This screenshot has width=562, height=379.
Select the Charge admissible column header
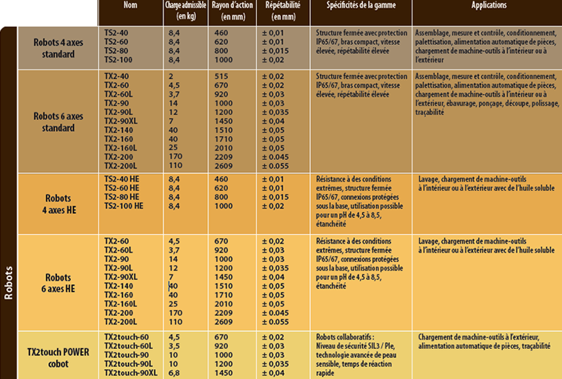point(185,9)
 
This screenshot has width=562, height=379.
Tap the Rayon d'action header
point(231,9)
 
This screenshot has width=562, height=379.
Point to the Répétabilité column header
point(282,9)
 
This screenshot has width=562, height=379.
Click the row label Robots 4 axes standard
point(54,48)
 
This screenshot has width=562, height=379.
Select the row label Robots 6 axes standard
point(54,121)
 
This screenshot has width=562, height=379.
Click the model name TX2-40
point(116,76)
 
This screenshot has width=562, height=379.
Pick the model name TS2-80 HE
point(122,197)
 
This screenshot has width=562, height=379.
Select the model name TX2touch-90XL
point(130,372)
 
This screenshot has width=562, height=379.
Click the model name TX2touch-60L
point(128,346)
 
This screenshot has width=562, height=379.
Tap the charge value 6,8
point(174,372)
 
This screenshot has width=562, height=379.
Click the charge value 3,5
point(174,346)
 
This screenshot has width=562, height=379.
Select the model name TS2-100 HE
point(123,206)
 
